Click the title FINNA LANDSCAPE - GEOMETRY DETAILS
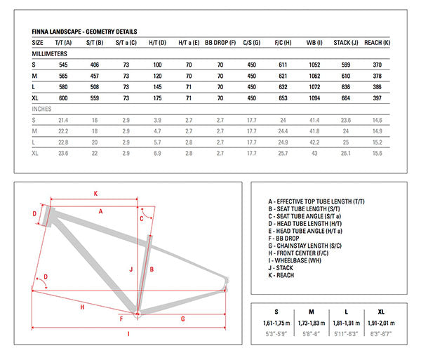coord(84,32)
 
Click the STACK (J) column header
coord(345,42)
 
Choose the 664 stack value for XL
coord(345,98)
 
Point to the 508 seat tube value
coord(94,87)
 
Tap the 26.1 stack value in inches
coord(345,153)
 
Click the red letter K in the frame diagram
coord(95,192)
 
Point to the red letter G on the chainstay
coord(182,319)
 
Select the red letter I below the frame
coord(128,334)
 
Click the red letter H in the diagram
coord(82,307)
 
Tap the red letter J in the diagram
coord(131,269)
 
